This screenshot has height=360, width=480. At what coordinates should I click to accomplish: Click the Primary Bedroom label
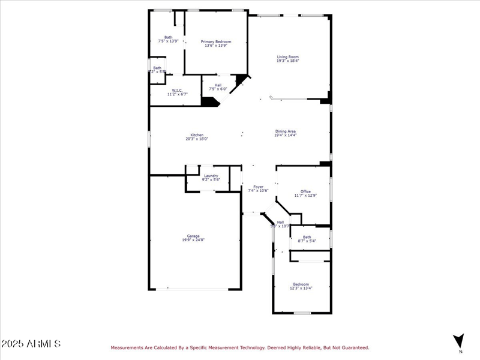coord(215,41)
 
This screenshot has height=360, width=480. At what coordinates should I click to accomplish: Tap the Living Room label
coord(287,57)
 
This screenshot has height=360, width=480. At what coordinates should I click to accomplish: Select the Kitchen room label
coord(197,135)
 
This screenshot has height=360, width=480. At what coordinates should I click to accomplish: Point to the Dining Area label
coord(286,131)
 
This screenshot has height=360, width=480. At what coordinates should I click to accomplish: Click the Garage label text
coord(193,236)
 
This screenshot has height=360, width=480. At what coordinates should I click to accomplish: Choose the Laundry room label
coord(211,176)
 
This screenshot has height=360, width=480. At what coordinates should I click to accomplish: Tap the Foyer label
coord(258,187)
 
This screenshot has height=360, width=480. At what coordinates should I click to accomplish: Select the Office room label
coord(305,191)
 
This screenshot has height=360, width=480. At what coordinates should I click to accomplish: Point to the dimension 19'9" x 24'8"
coord(193,240)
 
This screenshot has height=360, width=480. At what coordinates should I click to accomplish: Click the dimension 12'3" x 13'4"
coord(301,288)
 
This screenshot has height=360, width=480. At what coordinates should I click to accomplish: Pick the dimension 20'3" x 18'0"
coord(197,139)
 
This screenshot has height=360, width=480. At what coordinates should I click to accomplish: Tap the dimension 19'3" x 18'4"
coord(287,61)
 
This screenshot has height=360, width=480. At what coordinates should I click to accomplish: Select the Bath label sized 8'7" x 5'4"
coord(307,237)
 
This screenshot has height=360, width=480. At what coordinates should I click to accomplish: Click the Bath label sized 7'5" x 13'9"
coord(168,37)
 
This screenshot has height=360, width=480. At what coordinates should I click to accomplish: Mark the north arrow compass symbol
coord(459,341)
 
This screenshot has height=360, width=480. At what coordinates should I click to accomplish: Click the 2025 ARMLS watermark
coord(31,344)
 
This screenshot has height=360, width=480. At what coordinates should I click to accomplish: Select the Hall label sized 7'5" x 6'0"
coord(217,85)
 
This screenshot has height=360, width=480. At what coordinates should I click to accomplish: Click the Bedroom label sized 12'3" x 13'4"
coord(301,284)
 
